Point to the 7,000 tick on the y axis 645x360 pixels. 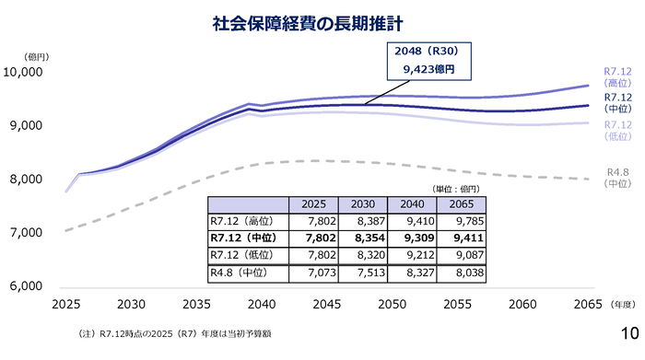pos(32,233)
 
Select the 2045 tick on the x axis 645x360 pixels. pos(326,304)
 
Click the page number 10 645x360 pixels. pos(630,334)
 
